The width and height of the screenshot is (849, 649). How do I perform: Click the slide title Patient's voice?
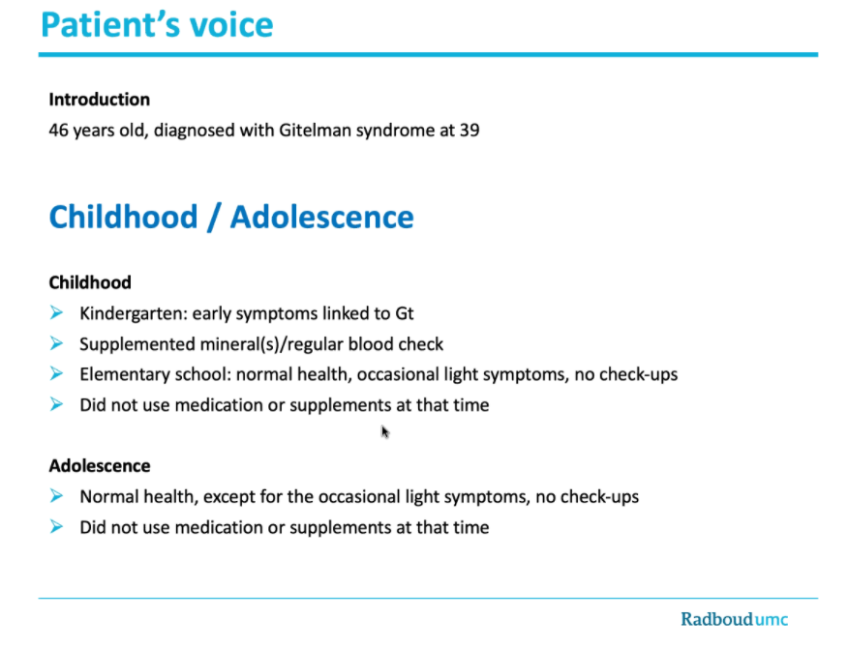pos(157,24)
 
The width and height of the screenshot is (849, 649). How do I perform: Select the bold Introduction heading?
pos(100,100)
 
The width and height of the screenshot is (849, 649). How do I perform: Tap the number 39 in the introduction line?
pos(469,129)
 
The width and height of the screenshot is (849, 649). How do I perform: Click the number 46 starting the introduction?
pos(59,129)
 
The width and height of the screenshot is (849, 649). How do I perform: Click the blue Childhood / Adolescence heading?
pos(231,217)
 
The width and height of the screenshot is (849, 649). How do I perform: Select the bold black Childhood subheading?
pos(90,282)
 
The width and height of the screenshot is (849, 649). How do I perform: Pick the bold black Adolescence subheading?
pos(100,465)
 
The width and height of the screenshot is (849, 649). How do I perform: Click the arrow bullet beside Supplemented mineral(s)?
pos(57,343)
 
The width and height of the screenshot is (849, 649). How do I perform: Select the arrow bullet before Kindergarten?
pos(57,313)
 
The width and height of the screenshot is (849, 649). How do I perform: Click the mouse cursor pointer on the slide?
pos(384,431)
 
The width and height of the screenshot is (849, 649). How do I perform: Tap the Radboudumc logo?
pos(734,619)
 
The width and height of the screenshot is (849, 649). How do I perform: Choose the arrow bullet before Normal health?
pos(57,497)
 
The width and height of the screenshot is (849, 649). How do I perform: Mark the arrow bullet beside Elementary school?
pos(57,374)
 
